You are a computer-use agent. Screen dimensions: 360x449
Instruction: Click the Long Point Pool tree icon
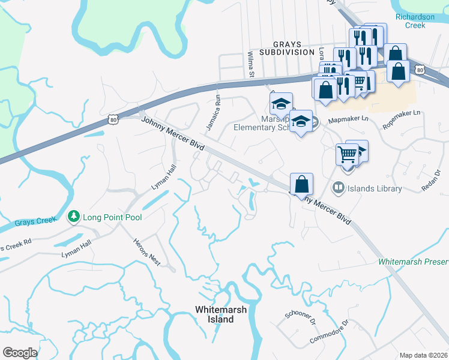coord(74,216)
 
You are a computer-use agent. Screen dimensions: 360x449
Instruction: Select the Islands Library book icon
coord(339,188)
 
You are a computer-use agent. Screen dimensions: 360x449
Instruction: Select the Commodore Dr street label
coord(329,332)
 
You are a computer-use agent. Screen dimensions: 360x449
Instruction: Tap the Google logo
coord(20,353)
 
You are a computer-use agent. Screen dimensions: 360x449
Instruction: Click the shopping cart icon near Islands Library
coord(346,154)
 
